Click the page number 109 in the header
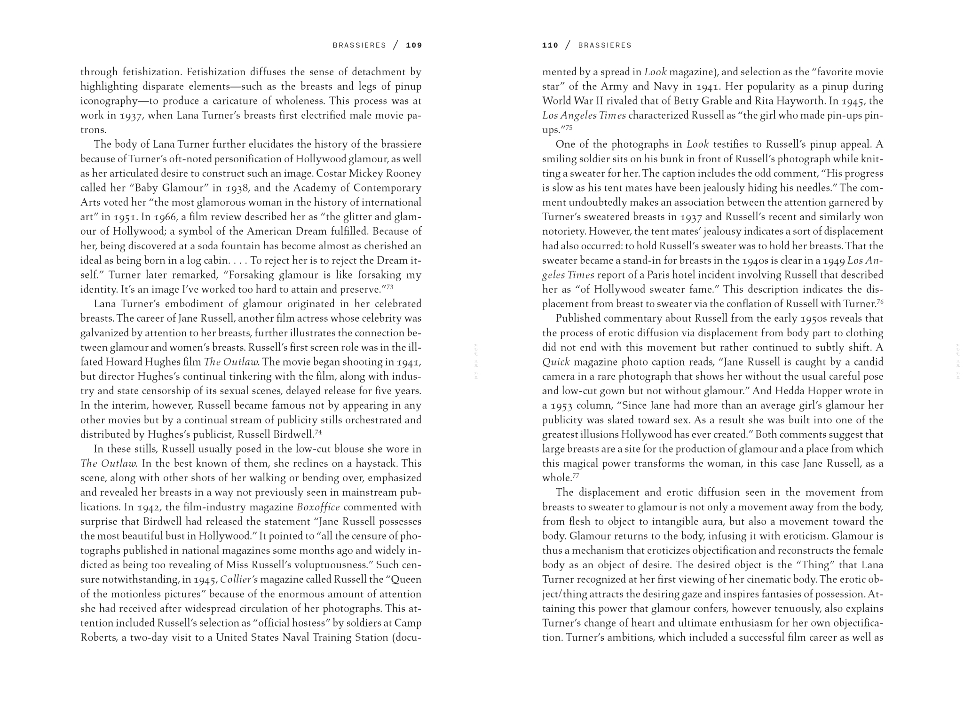[x=414, y=46]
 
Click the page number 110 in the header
[x=550, y=46]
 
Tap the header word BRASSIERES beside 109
[x=359, y=46]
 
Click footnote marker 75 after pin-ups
[x=569, y=127]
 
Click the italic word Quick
[x=556, y=362]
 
